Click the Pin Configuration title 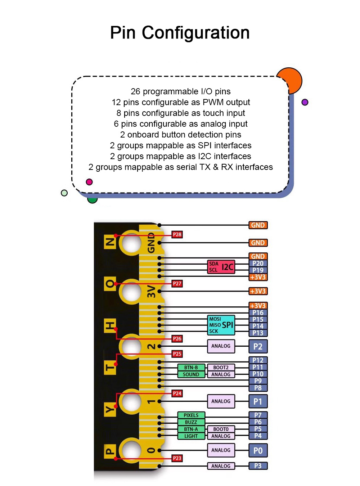180,33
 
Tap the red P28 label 177,234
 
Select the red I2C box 221,267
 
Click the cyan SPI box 221,325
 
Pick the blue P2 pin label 258,346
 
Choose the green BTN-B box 191,368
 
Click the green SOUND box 191,374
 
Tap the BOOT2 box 221,368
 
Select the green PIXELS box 191,415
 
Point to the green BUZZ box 191,422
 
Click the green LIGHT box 191,436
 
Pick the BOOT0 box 221,429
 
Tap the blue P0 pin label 258,450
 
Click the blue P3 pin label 258,466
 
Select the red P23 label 177,458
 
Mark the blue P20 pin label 258,263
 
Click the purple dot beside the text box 305,102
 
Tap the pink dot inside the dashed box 89,182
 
